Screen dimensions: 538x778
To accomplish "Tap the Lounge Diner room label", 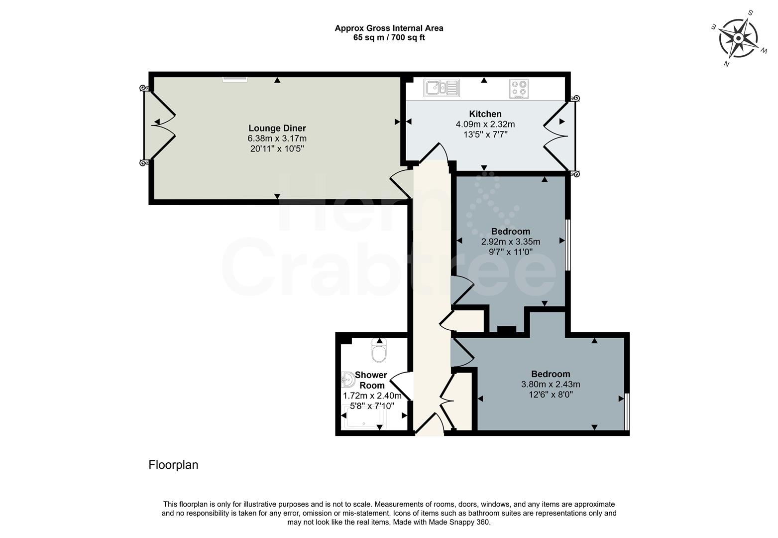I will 277,129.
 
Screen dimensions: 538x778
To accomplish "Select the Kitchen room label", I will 485,114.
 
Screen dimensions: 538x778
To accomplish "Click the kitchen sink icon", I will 442,88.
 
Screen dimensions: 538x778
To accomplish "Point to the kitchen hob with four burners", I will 519,89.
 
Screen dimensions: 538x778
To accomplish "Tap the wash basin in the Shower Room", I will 347,381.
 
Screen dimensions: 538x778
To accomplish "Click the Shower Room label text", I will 371,380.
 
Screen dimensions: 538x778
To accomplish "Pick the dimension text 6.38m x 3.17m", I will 277,138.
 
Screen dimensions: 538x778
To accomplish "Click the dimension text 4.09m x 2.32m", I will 485,124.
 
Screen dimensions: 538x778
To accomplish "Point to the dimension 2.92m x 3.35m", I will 510,242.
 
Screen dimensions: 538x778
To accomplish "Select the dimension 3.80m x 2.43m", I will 550,384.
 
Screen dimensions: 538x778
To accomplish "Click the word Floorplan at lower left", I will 173,465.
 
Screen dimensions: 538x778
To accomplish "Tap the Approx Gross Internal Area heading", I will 389,28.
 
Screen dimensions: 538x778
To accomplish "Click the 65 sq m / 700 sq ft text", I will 389,37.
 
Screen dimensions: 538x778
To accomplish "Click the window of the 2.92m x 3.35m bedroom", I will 568,244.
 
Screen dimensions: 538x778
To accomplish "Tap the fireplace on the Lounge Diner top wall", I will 234,78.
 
